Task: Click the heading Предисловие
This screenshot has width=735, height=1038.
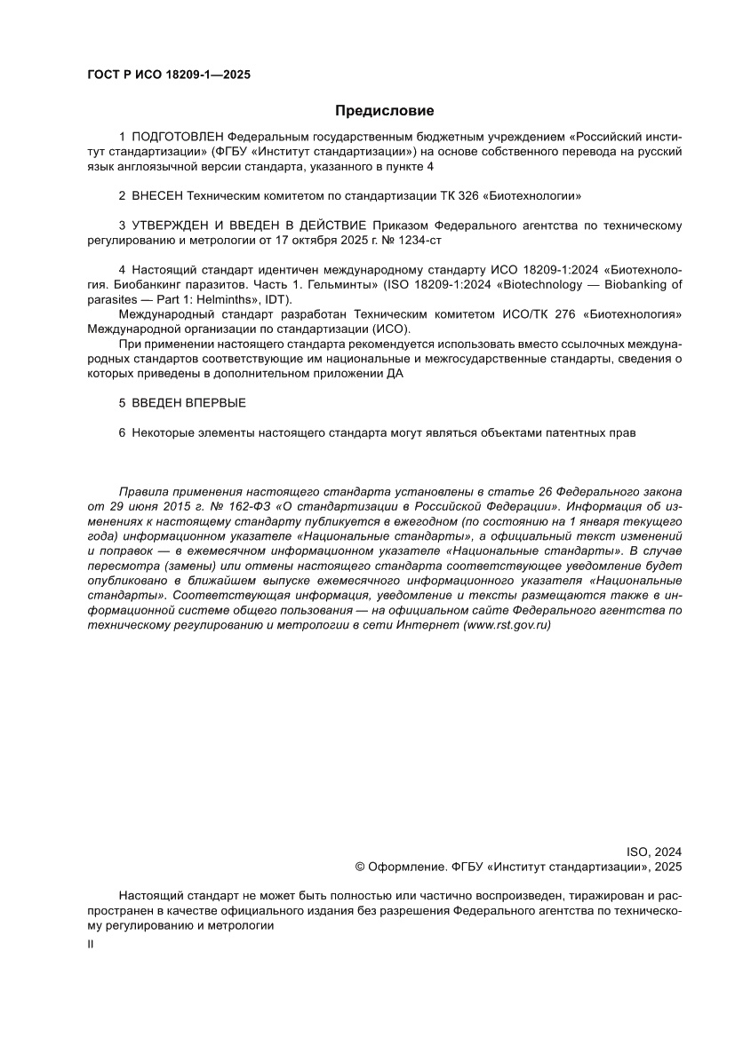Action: click(384, 111)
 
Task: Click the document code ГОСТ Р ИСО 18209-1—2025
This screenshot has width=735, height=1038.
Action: click(168, 75)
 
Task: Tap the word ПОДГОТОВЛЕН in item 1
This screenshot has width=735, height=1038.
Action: click(178, 137)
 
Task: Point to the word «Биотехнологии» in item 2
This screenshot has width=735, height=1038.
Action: click(538, 194)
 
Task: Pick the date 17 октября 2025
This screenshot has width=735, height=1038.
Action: click(324, 239)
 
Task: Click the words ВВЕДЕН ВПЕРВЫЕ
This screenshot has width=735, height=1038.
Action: click(188, 403)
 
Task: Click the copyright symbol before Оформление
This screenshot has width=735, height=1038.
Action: click(360, 866)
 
